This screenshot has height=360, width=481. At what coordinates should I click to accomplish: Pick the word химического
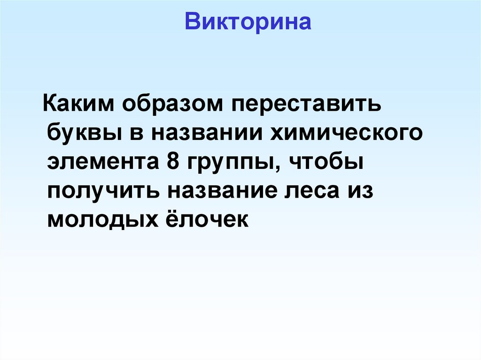346,133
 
